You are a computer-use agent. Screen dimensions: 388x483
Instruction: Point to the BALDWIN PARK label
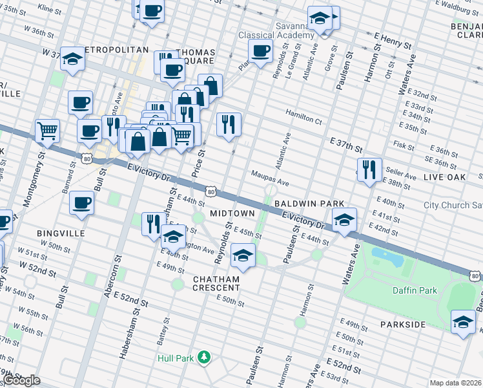click(x=309, y=203)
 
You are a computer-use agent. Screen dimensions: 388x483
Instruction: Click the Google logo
click(x=21, y=380)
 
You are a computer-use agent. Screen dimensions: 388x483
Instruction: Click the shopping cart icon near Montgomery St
click(x=48, y=131)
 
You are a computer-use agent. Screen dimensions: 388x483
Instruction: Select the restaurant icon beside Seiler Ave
click(x=369, y=169)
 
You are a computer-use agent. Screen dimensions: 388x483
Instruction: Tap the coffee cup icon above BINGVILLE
click(x=82, y=202)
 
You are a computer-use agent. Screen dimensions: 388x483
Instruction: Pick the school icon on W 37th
click(x=73, y=59)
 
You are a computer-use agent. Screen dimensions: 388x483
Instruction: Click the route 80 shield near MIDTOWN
click(x=211, y=191)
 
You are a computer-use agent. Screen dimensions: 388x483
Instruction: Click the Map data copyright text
click(x=455, y=383)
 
